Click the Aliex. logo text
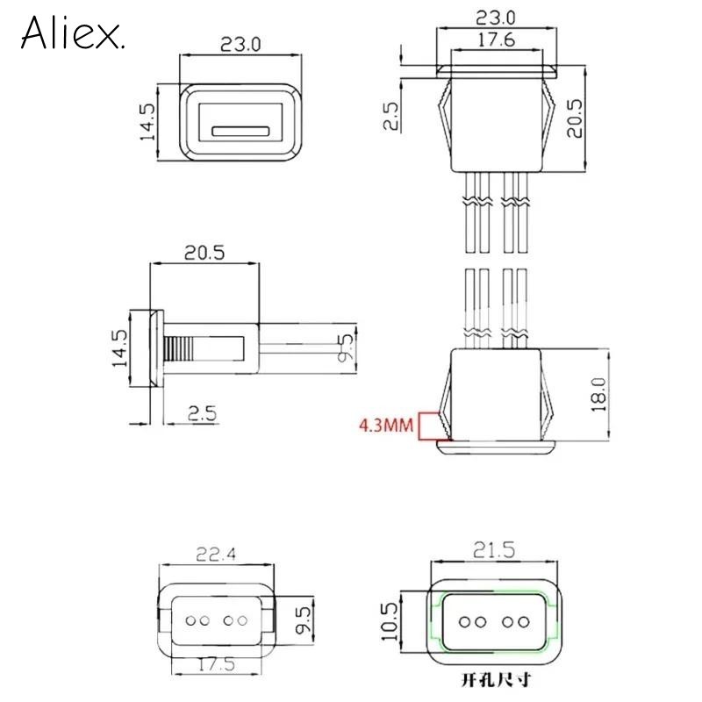coord(72,32)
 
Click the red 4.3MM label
coord(386,425)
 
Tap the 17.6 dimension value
coord(497,39)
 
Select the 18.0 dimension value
coord(598,394)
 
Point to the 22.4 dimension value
coord(216,555)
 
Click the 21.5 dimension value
coord(494,550)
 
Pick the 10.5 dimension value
coord(390,621)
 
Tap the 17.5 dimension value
coord(217,664)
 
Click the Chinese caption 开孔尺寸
coord(496,680)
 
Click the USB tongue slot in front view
coord(240,131)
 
